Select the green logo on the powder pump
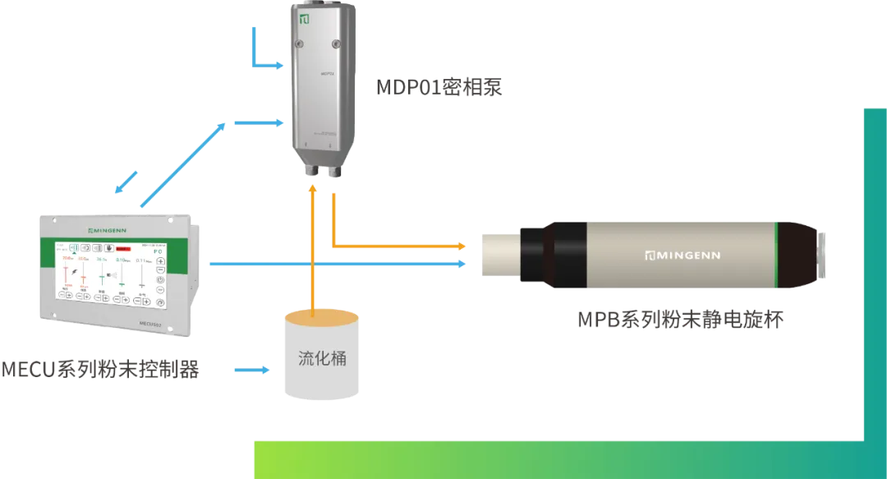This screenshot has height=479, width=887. tap(304, 18)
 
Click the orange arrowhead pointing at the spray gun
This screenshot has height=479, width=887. tap(461, 246)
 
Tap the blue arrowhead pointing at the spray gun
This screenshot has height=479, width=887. tap(461, 264)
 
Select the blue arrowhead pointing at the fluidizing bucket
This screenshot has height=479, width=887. tap(269, 371)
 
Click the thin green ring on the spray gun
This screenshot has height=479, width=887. tap(777, 253)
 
